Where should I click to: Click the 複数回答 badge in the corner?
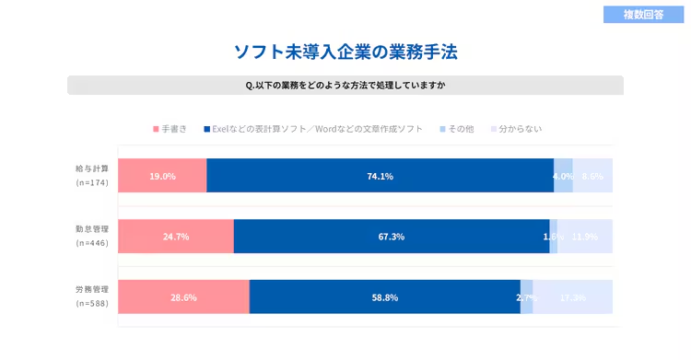643,15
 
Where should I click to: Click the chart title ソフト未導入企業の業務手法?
345,52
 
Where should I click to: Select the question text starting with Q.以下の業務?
345,86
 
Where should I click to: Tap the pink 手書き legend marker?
156,129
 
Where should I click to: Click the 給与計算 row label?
92,168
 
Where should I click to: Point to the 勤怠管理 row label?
92,228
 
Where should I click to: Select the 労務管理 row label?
92,289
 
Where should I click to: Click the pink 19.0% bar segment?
162,176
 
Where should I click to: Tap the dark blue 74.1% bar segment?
380,176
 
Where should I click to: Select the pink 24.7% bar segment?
176,237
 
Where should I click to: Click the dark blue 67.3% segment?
391,237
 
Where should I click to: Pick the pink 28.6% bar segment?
183,297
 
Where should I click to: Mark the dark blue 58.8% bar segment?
384,297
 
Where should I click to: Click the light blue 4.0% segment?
563,176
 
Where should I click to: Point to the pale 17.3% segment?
573,297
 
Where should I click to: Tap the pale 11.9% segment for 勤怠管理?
585,237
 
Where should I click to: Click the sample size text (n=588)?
92,303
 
